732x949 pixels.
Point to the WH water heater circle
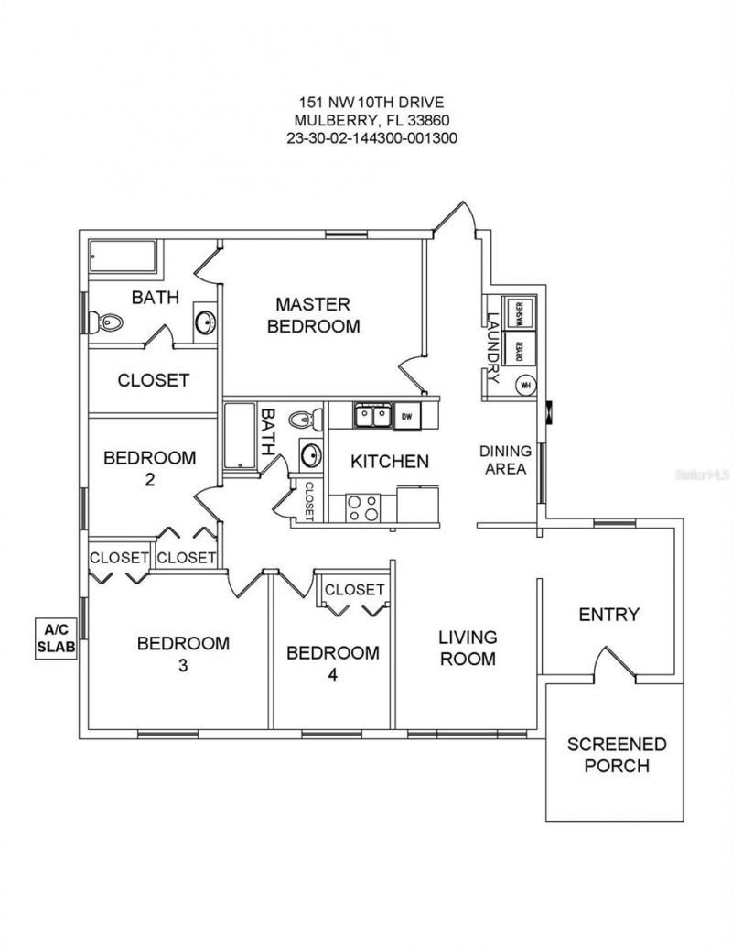pyautogui.click(x=525, y=386)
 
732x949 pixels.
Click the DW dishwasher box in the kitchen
pyautogui.click(x=407, y=416)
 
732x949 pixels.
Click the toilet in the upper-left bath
pyautogui.click(x=107, y=321)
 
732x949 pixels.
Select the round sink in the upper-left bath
pyautogui.click(x=206, y=322)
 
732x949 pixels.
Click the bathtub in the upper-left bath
pyautogui.click(x=124, y=257)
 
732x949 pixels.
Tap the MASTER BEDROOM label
pyautogui.click(x=314, y=314)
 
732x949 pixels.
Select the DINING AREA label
pyautogui.click(x=506, y=460)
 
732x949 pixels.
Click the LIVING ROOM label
pyautogui.click(x=467, y=647)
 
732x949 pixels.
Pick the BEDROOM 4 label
pyautogui.click(x=333, y=663)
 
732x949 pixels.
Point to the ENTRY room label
pyautogui.click(x=608, y=614)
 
